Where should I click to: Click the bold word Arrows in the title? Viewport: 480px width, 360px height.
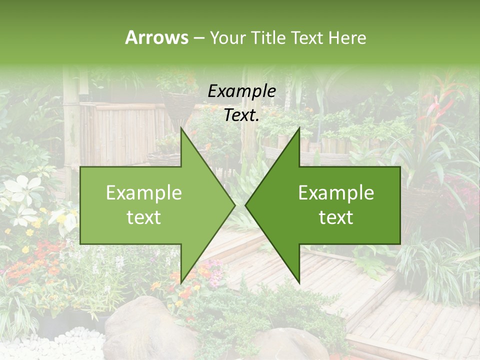[x=156, y=37]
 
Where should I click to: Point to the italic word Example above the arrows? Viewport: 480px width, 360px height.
[x=241, y=91]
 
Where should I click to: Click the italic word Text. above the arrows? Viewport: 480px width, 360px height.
[x=241, y=115]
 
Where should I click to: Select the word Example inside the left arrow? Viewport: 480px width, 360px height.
[x=144, y=193]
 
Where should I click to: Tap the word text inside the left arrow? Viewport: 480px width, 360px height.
[x=144, y=217]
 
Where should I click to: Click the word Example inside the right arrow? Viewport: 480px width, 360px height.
[x=336, y=193]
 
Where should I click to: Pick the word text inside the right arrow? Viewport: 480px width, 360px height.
[x=336, y=217]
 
